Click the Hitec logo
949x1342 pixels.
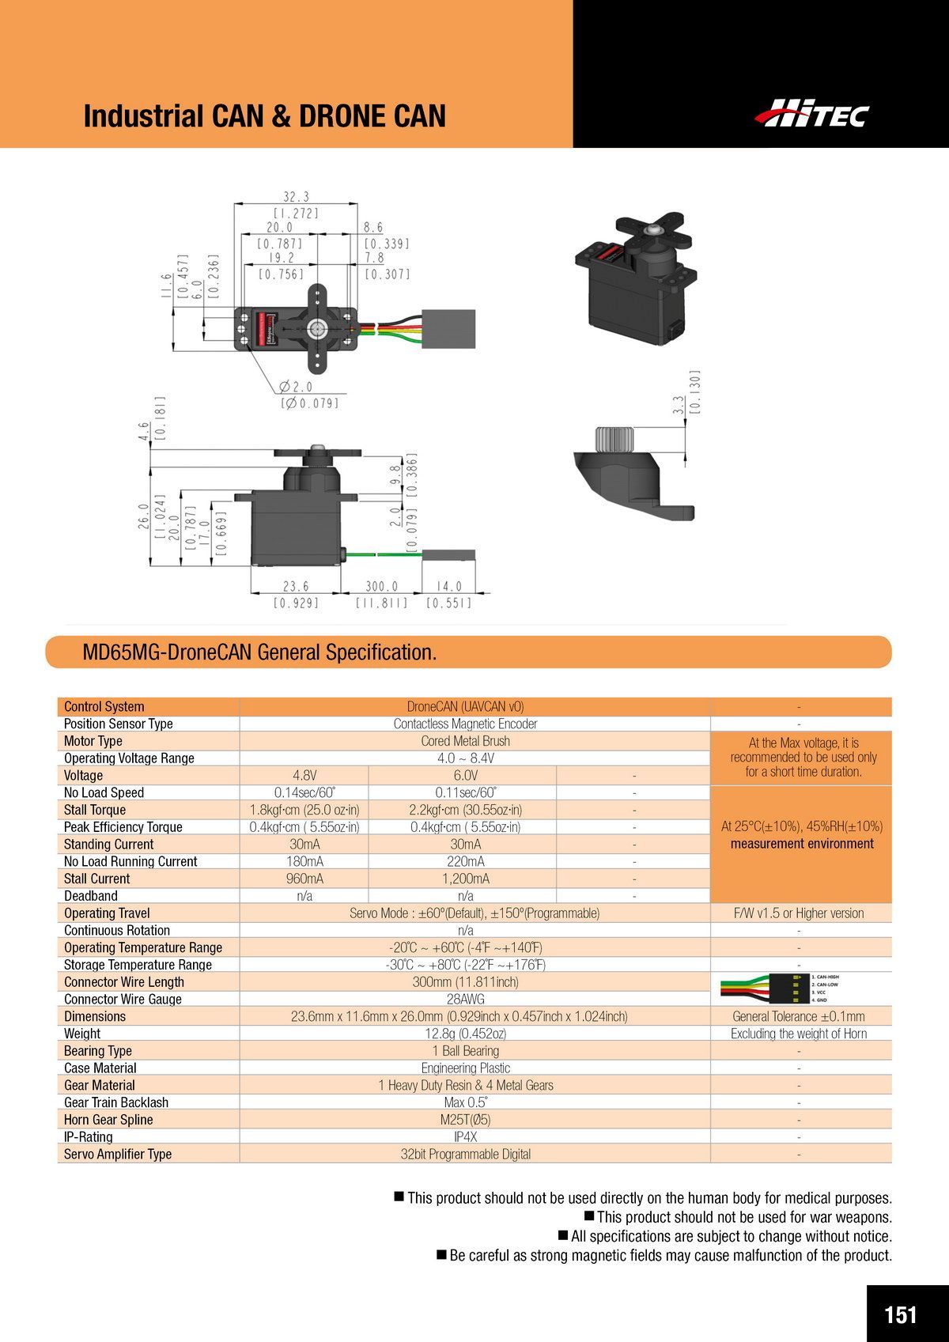point(811,113)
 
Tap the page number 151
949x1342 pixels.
point(901,1292)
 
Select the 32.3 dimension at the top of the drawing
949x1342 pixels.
point(297,197)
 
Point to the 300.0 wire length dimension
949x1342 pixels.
point(381,587)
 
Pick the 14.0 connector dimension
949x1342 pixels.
point(448,587)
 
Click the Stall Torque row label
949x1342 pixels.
point(95,810)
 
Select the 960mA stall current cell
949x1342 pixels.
point(304,879)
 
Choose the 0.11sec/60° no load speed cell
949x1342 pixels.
point(466,792)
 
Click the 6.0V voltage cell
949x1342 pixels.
point(466,775)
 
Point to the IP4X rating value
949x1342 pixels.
point(466,1137)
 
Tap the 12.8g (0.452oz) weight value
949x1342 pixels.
point(466,1034)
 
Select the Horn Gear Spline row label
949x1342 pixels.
point(108,1120)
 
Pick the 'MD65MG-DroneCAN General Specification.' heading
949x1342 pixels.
point(260,652)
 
